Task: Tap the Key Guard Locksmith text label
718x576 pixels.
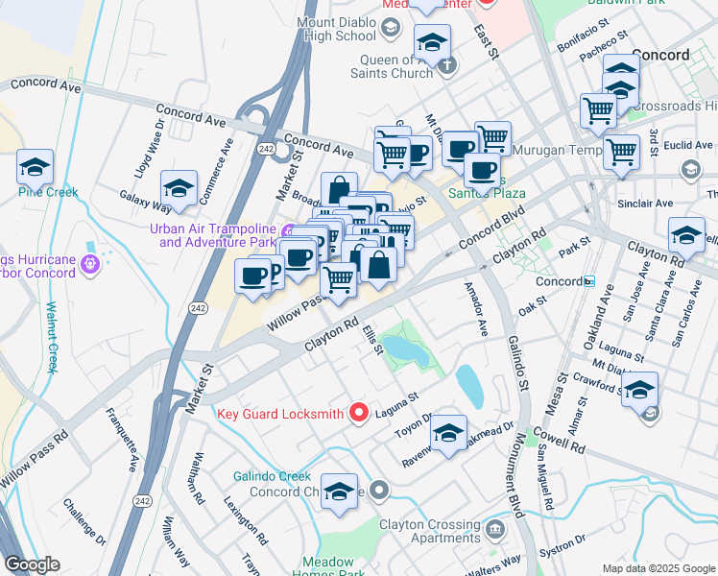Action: [x=280, y=414]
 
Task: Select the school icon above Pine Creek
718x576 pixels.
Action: [x=36, y=168]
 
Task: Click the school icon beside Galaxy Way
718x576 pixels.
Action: [x=179, y=186]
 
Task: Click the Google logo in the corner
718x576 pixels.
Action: [x=32, y=564]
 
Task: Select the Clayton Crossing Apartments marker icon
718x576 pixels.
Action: [x=494, y=527]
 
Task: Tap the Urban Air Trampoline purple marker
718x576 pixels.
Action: [x=287, y=230]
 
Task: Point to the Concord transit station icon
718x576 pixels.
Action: [x=588, y=281]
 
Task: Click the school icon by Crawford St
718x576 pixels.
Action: [x=639, y=389]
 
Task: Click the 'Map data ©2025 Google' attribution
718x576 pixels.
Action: [x=658, y=567]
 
